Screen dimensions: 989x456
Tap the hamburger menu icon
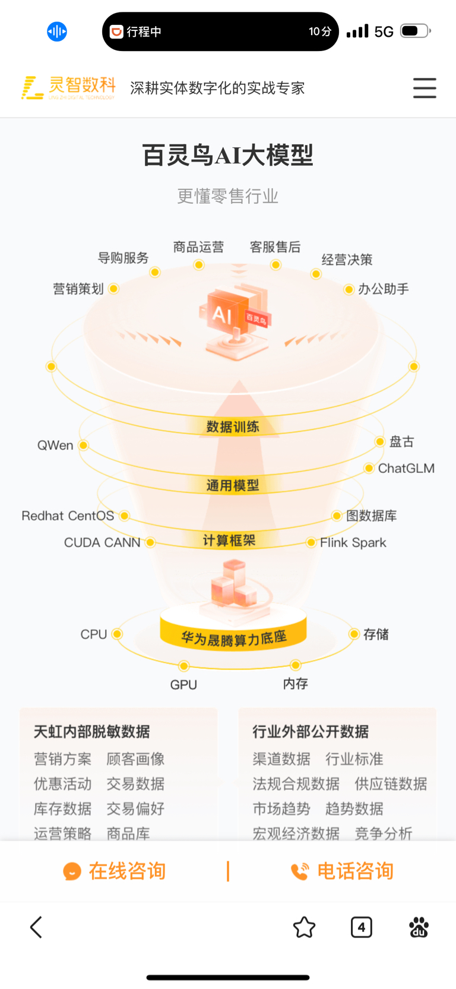click(x=425, y=88)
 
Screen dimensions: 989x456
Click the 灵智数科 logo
click(x=68, y=88)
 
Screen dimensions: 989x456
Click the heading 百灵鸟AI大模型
click(x=227, y=156)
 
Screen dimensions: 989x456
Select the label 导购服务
click(x=123, y=258)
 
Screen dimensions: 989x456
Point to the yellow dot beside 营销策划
click(x=114, y=289)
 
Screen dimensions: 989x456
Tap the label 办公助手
click(x=384, y=289)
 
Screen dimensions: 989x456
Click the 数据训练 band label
click(x=233, y=426)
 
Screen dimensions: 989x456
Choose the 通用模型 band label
click(x=233, y=485)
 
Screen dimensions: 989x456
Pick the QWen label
click(x=55, y=445)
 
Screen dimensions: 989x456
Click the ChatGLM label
click(x=406, y=468)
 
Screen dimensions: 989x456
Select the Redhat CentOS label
click(x=68, y=516)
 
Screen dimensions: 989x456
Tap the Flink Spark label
click(x=353, y=542)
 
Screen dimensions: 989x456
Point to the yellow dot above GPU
click(x=184, y=666)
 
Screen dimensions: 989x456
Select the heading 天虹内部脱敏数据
click(x=92, y=732)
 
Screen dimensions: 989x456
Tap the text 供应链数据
click(x=391, y=784)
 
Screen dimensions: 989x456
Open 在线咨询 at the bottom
click(x=115, y=871)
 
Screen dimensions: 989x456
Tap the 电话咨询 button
click(x=343, y=871)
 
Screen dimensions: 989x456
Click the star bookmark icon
click(x=304, y=927)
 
